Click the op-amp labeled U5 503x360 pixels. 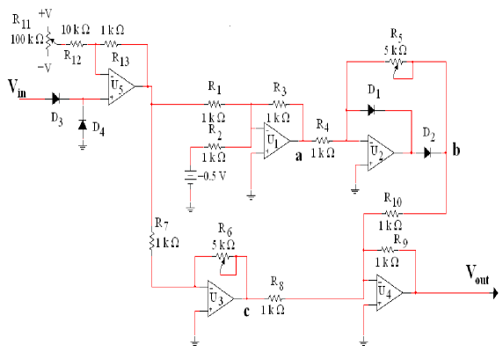click(120, 86)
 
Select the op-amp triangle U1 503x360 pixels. click(277, 140)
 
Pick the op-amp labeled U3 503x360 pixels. click(216, 298)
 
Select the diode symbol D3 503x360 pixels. click(57, 99)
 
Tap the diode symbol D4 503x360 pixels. click(83, 125)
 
